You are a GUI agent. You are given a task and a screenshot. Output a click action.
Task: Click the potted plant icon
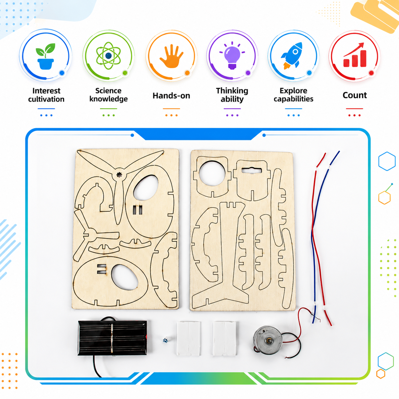[45, 56]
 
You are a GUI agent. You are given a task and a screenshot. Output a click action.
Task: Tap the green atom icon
[108, 56]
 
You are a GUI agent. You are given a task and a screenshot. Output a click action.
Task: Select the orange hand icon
[171, 56]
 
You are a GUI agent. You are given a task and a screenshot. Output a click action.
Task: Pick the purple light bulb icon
[232, 55]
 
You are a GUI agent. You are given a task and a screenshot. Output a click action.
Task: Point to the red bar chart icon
[355, 55]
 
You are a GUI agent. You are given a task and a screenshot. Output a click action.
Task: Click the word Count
[354, 95]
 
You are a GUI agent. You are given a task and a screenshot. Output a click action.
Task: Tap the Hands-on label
[171, 96]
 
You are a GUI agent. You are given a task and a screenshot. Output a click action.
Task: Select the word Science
[108, 91]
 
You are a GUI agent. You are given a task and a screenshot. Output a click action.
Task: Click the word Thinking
[232, 91]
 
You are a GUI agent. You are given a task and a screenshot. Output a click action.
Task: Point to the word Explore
[293, 91]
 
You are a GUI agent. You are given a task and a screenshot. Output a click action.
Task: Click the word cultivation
[46, 99]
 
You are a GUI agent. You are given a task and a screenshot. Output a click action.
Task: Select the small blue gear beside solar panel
[165, 340]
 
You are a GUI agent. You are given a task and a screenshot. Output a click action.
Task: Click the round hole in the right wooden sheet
[212, 173]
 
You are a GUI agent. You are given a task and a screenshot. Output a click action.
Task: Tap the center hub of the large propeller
[119, 175]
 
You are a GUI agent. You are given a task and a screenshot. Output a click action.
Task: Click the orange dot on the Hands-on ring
[187, 73]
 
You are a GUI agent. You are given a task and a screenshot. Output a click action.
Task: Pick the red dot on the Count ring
[371, 73]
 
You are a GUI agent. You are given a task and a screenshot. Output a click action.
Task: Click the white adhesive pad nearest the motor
[224, 339]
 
